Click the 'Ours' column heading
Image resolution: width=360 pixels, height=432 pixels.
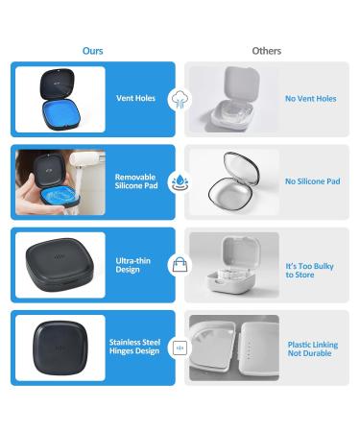(x=92, y=50)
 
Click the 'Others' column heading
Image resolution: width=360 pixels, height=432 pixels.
(x=267, y=50)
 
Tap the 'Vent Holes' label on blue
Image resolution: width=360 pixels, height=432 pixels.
(x=134, y=98)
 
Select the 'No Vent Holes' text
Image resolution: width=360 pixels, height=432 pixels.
(x=311, y=98)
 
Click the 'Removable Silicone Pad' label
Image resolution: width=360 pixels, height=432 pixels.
(x=135, y=182)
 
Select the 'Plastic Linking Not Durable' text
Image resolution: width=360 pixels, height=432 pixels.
(x=313, y=349)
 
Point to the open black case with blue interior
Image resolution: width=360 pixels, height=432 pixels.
(x=60, y=98)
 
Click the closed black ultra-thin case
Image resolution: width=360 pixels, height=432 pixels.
(x=60, y=264)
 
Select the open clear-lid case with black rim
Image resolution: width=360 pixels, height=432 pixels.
(x=231, y=181)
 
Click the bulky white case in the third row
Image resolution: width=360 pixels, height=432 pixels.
(x=232, y=266)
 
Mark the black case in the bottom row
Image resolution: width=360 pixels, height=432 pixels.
(x=60, y=348)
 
